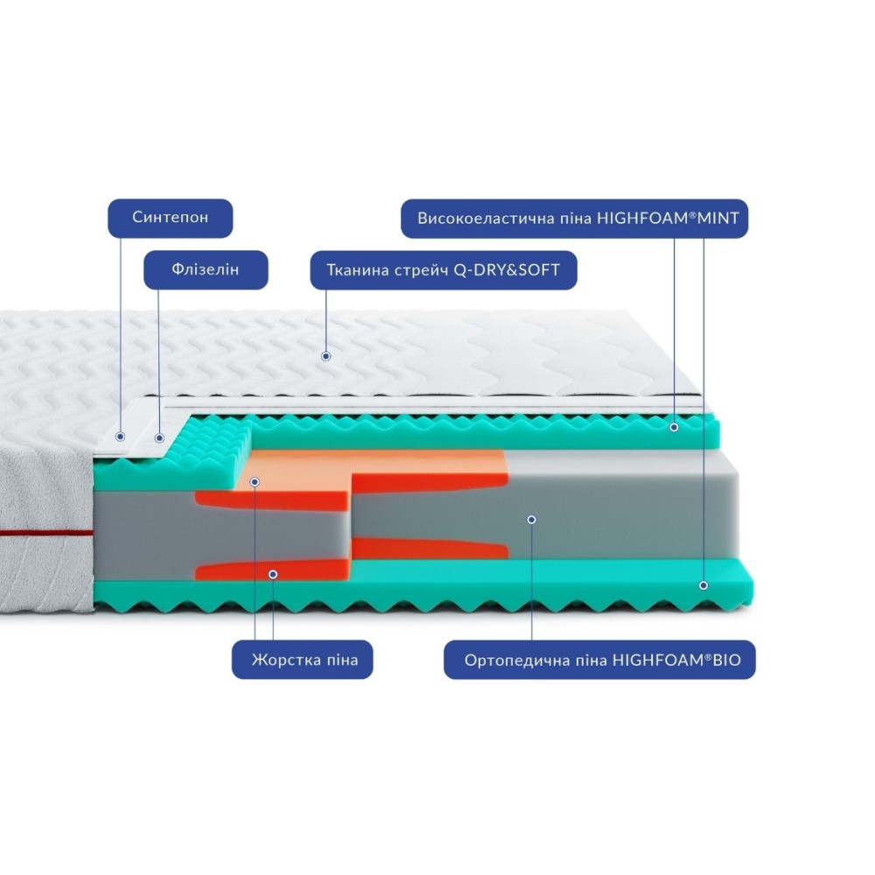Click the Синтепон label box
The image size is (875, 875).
(171, 218)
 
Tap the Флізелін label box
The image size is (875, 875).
(205, 270)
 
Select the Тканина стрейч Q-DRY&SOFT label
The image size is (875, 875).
(445, 270)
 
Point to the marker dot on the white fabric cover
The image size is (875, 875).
(325, 356)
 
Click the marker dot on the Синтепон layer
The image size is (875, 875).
(121, 436)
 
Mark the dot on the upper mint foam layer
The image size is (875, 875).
(674, 427)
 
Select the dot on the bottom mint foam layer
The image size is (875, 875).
(703, 584)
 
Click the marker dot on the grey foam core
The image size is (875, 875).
(531, 519)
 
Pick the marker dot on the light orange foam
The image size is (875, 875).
(254, 481)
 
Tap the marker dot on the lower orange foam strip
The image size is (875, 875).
(273, 574)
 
